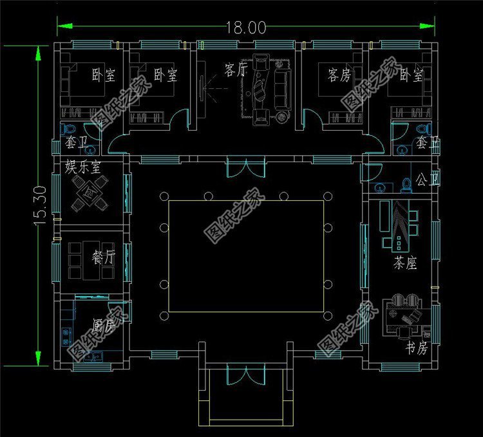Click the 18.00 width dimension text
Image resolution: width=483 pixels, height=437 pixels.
[x=246, y=27]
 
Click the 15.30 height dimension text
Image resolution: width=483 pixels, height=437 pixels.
[x=41, y=205]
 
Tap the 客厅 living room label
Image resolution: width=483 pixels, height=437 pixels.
[x=236, y=70]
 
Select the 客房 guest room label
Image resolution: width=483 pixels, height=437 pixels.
[x=339, y=75]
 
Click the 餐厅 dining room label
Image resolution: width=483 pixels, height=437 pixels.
[x=103, y=257]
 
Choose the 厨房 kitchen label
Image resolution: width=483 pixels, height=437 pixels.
[x=104, y=325]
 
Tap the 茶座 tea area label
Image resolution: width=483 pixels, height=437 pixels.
[x=405, y=263]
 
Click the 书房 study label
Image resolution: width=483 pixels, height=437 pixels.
[x=417, y=348]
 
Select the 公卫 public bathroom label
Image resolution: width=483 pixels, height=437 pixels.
[x=427, y=180]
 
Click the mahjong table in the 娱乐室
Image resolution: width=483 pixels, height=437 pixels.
[x=90, y=194]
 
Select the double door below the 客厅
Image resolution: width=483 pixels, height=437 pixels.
[x=246, y=167]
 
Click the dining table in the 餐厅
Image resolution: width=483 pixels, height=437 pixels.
[x=91, y=261]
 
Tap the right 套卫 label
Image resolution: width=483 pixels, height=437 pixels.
[x=428, y=143]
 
